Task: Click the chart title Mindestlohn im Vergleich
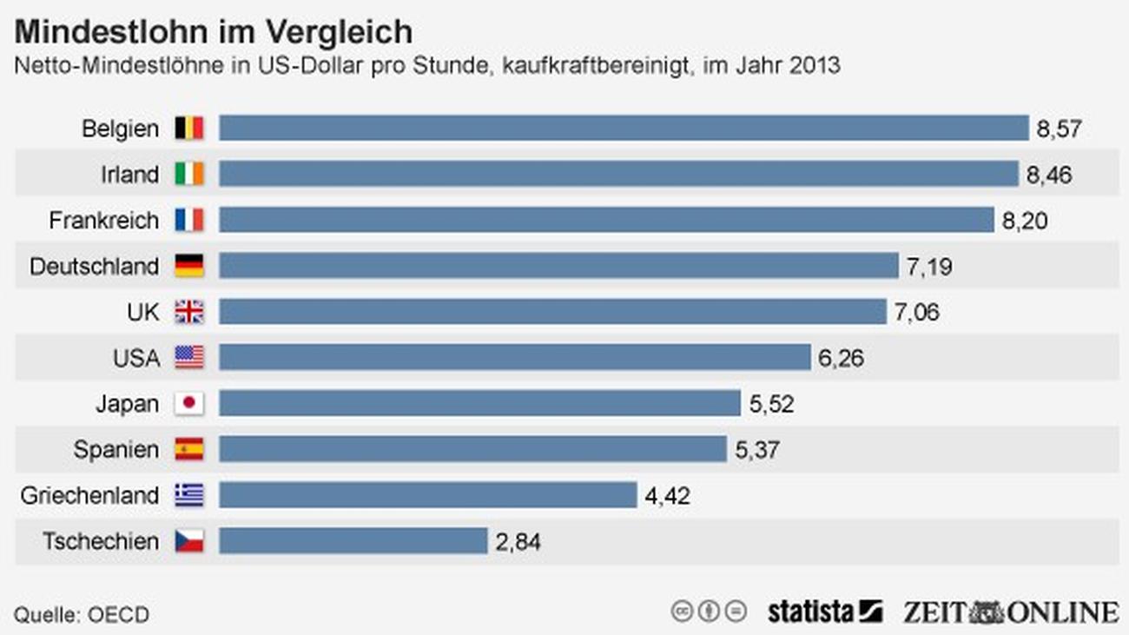click(213, 32)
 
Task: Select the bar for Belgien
click(624, 128)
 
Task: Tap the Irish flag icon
click(189, 174)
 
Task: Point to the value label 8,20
click(1025, 221)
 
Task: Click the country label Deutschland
click(95, 266)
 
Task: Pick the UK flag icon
click(189, 312)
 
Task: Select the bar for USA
click(515, 357)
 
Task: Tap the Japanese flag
click(189, 403)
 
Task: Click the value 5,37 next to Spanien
click(757, 450)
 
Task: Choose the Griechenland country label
click(89, 495)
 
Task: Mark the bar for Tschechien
click(353, 541)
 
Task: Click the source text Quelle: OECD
click(82, 615)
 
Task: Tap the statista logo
click(825, 612)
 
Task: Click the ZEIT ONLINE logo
click(1011, 612)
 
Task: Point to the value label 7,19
click(929, 267)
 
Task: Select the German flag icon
click(189, 266)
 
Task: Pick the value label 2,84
click(518, 542)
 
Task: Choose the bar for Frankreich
click(607, 220)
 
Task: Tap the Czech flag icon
click(189, 541)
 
